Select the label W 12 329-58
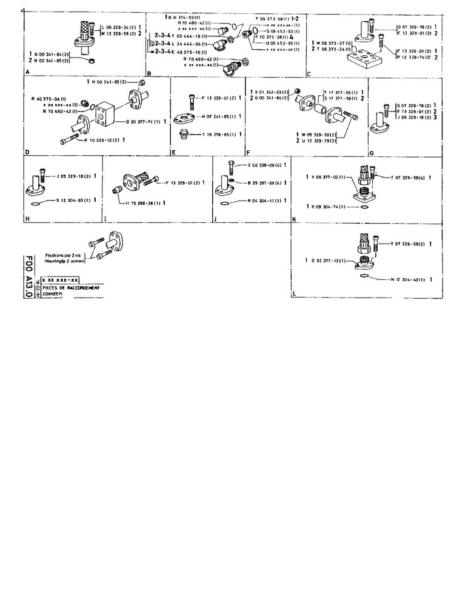[x=120, y=34]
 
